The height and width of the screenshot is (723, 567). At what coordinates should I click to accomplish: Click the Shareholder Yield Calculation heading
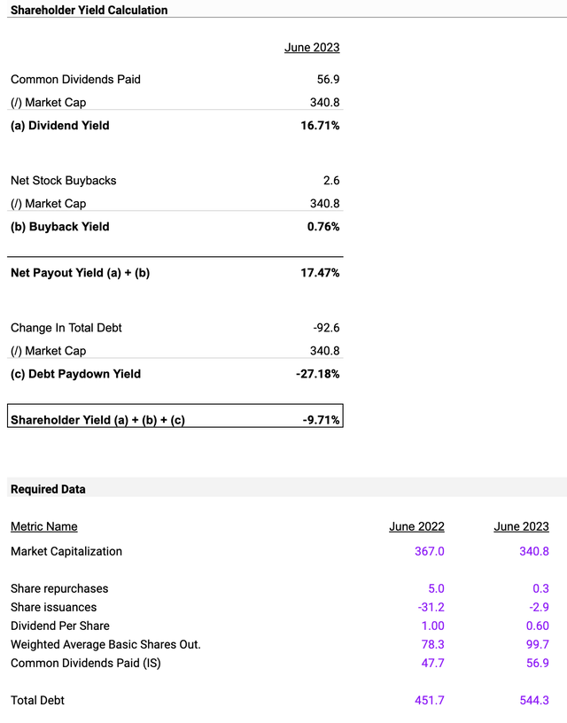point(89,10)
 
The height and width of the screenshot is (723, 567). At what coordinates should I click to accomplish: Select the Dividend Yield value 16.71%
point(320,126)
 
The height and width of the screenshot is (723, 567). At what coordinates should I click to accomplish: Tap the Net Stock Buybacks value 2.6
point(331,180)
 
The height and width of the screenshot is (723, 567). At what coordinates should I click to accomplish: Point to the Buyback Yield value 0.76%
point(323,227)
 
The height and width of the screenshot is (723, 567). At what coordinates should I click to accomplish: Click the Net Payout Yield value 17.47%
point(320,273)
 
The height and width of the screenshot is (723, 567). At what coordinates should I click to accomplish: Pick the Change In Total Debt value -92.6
point(326,328)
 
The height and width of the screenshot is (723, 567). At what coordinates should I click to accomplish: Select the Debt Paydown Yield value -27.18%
point(318,374)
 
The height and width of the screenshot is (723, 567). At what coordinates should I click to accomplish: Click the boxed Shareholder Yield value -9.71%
point(321,420)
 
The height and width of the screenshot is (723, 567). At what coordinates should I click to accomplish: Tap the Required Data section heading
point(48,489)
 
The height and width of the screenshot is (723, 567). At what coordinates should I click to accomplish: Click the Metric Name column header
point(43,526)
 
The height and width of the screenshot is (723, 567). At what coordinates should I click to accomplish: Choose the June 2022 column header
point(416,526)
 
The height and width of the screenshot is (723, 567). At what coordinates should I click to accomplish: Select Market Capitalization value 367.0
point(429,551)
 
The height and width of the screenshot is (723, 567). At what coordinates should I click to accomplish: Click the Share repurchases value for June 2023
point(540,589)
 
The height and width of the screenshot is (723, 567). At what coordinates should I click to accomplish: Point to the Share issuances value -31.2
point(431,607)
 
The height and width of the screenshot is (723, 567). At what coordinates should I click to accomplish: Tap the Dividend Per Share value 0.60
point(538,626)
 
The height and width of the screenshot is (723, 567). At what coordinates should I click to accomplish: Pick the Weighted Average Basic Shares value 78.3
point(433,644)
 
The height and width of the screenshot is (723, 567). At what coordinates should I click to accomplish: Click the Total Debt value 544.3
point(534,700)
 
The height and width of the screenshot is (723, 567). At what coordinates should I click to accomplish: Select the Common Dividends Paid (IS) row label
point(86,663)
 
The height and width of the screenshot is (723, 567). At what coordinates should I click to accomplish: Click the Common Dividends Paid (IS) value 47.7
point(433,663)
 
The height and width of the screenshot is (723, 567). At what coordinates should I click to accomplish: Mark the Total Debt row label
point(37,700)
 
